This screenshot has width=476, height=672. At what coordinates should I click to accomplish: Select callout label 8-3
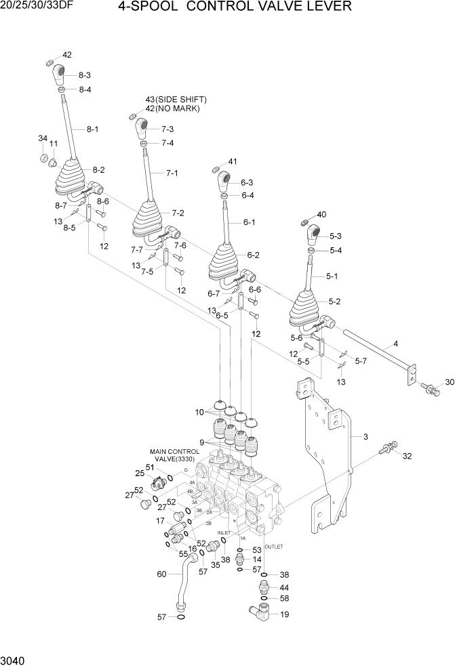pyautogui.click(x=85, y=75)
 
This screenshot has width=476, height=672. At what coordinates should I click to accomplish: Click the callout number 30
pyautogui.click(x=449, y=382)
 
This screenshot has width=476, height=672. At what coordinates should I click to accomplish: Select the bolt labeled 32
pyautogui.click(x=390, y=447)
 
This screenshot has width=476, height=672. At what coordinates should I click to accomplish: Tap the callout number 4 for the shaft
pyautogui.click(x=395, y=344)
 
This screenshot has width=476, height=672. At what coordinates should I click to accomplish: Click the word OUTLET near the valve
pyautogui.click(x=273, y=546)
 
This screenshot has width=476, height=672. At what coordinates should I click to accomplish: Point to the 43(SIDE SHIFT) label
pyautogui.click(x=176, y=100)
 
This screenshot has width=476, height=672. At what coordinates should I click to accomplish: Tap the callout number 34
pyautogui.click(x=42, y=138)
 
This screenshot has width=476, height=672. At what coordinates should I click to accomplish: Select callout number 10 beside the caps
pyautogui.click(x=199, y=413)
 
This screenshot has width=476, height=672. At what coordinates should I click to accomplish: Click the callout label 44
pyautogui.click(x=284, y=587)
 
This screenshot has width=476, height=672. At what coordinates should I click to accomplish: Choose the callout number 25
pyautogui.click(x=139, y=473)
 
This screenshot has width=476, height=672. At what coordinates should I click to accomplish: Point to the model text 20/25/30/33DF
pyautogui.click(x=34, y=6)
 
